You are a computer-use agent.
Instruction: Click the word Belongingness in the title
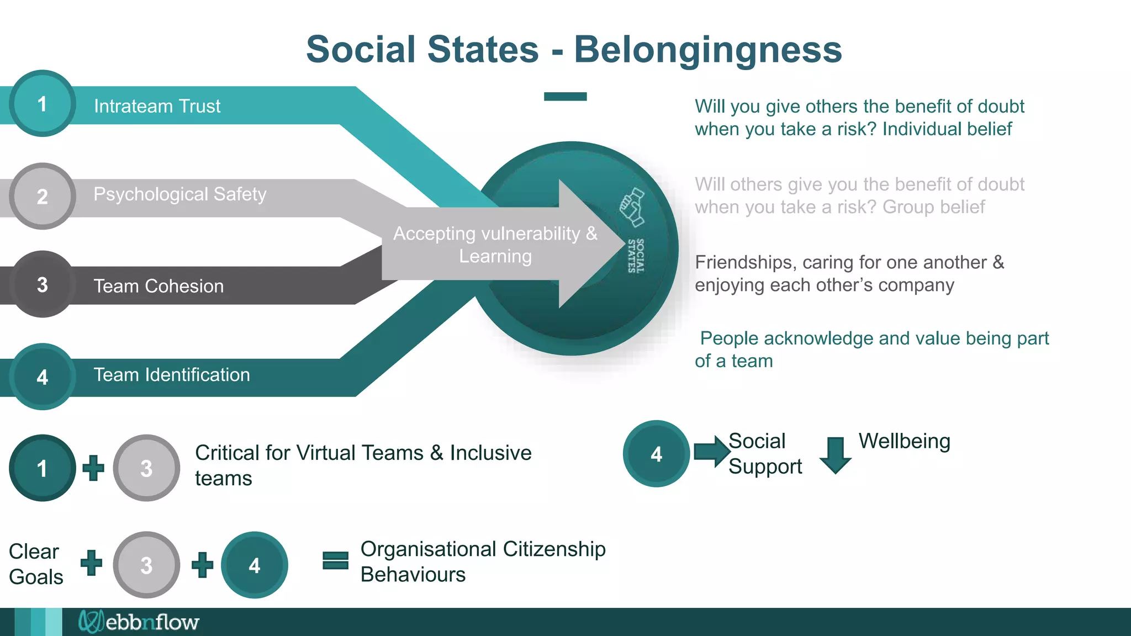(x=708, y=50)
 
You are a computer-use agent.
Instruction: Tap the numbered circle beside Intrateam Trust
(x=43, y=104)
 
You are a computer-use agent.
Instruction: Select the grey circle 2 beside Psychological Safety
(x=43, y=197)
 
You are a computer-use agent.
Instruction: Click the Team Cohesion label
(x=158, y=286)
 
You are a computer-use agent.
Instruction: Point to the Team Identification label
(x=172, y=375)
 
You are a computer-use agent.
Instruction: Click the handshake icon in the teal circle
(x=632, y=207)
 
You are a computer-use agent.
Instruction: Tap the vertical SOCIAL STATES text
(x=636, y=256)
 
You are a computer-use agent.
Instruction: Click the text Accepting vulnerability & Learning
(x=495, y=245)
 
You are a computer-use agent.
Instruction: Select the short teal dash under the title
(x=565, y=97)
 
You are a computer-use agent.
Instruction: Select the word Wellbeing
(x=904, y=441)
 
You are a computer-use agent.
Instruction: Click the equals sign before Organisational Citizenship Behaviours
(x=335, y=560)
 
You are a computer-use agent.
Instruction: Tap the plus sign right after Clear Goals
(x=92, y=563)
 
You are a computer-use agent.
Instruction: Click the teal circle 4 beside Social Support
(x=656, y=454)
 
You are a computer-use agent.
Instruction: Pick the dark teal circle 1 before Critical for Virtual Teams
(x=43, y=468)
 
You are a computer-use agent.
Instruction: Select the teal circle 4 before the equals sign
(x=254, y=565)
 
